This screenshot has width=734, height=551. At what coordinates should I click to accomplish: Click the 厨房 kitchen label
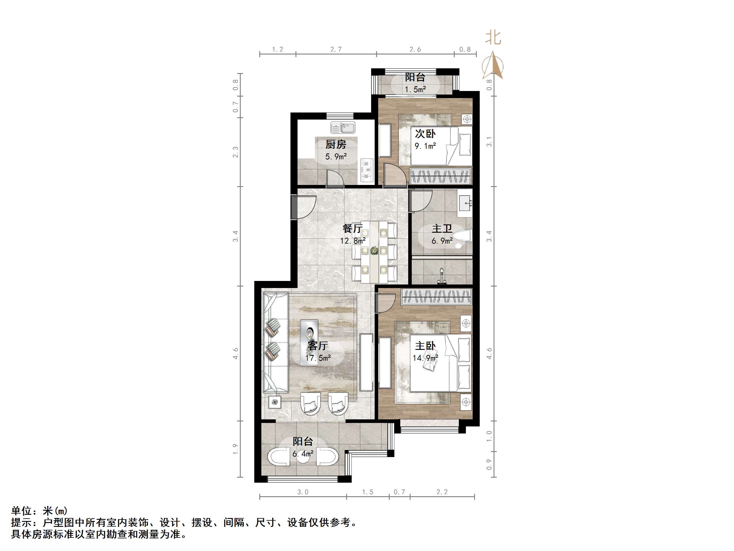pyautogui.click(x=336, y=145)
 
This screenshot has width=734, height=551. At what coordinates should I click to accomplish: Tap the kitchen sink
pyautogui.click(x=343, y=127)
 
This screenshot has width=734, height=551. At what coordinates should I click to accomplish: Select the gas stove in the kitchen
pyautogui.click(x=367, y=170)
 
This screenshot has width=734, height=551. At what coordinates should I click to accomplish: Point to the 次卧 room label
pyautogui.click(x=425, y=134)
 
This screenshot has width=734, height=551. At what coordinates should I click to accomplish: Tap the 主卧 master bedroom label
pyautogui.click(x=425, y=346)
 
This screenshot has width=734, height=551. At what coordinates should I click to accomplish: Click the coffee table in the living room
pyautogui.click(x=309, y=342)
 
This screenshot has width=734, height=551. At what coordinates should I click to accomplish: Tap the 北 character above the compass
pyautogui.click(x=493, y=37)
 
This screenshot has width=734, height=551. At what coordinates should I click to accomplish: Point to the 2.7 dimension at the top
pyautogui.click(x=336, y=49)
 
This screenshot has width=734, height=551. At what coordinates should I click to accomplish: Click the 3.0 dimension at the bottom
pyautogui.click(x=303, y=492)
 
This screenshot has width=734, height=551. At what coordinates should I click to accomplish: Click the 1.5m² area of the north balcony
pyautogui.click(x=415, y=89)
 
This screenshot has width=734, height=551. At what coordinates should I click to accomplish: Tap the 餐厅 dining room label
pyautogui.click(x=352, y=229)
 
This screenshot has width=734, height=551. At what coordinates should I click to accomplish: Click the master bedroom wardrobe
pyautogui.click(x=436, y=297)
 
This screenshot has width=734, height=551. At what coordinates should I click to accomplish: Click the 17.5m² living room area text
pyautogui.click(x=318, y=358)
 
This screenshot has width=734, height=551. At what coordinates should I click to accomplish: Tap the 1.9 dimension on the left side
pyautogui.click(x=235, y=449)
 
